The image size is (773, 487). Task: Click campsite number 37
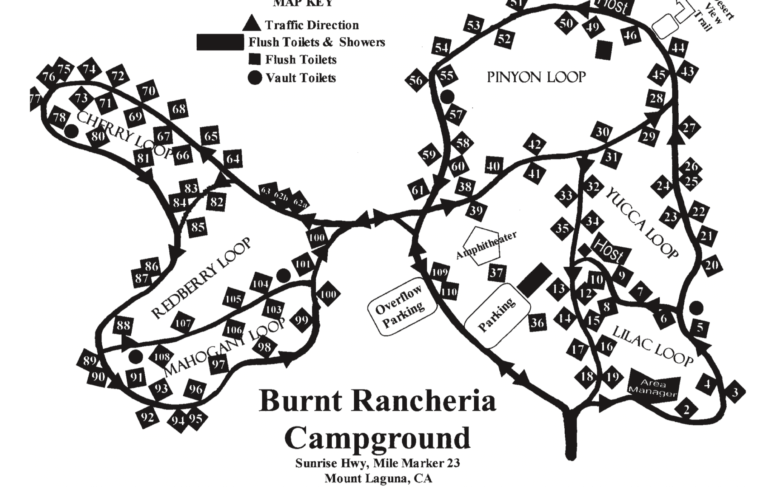pos(496,272)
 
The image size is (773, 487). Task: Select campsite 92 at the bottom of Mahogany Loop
pos(148,417)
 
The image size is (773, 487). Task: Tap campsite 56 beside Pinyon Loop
pos(416,80)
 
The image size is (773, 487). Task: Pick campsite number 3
pos(735,393)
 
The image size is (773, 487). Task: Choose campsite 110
pos(449,291)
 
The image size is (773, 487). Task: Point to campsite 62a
pos(300,204)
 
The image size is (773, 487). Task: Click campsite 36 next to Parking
pos(537,323)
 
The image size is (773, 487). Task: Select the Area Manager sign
pos(654,388)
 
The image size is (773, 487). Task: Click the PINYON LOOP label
pos(536,77)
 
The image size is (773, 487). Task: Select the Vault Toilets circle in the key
pos(255,78)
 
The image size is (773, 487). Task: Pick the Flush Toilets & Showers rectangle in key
pos(220,42)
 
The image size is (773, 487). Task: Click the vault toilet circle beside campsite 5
pos(696,308)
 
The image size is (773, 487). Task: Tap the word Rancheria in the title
pos(425,401)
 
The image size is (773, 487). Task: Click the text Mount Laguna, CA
pos(378,478)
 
